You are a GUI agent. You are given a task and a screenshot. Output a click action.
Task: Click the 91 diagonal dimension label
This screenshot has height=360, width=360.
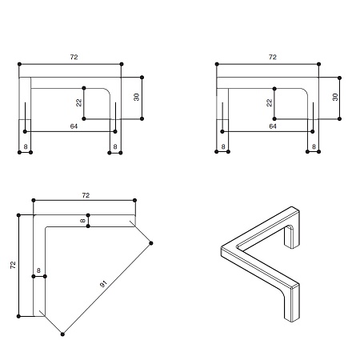(x=103, y=284)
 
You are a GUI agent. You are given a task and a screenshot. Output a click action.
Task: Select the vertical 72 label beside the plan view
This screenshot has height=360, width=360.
(x=13, y=265)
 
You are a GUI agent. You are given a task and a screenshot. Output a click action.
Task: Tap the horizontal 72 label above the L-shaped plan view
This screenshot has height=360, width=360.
(x=86, y=195)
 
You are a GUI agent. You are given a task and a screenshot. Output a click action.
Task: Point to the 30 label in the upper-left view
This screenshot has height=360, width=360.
(x=136, y=97)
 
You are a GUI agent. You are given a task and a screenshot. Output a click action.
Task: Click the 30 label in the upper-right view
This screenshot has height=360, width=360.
(x=335, y=97)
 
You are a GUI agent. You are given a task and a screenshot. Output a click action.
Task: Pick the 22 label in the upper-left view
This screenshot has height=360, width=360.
(x=79, y=102)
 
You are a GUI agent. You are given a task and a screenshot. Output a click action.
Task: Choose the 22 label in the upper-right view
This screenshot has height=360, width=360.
(x=270, y=102)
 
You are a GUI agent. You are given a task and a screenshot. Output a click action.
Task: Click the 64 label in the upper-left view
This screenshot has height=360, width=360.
(x=74, y=126)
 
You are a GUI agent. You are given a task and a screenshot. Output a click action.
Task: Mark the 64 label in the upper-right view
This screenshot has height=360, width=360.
(x=273, y=126)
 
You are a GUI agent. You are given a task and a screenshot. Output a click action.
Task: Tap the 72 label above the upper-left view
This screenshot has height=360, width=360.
(x=74, y=57)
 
